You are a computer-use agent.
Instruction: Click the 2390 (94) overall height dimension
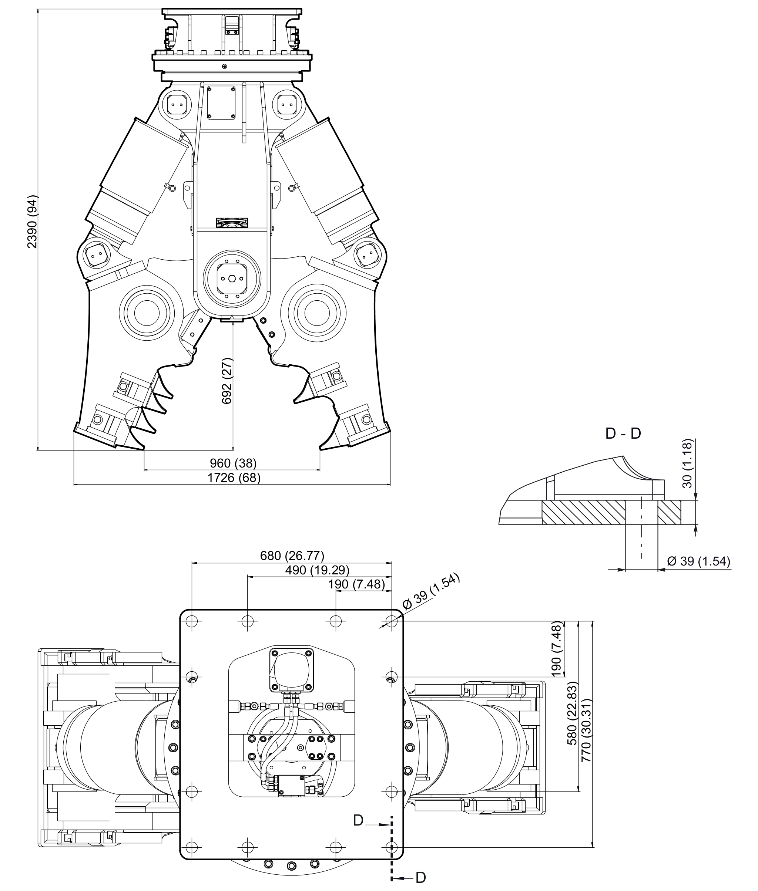[33, 222]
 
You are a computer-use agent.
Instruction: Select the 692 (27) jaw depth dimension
[227, 381]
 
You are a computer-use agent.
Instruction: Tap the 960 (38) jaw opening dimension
[233, 463]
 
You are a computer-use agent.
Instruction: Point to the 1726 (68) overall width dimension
[234, 477]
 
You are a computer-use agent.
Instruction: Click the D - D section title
[623, 434]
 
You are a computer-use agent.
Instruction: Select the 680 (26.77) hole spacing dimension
[292, 556]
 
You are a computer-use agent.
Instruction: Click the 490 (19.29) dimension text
[317, 570]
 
